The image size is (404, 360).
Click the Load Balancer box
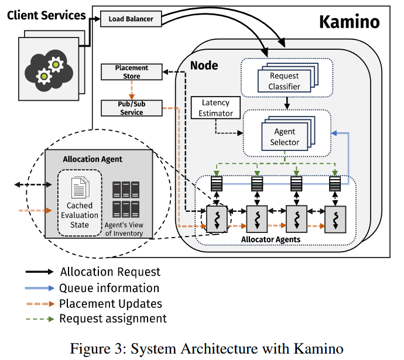(131, 19)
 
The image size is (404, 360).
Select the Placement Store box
(132, 71)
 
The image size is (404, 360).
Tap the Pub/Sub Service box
(132, 108)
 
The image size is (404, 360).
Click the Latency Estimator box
(217, 108)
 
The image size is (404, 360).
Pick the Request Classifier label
(285, 81)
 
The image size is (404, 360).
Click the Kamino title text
(349, 22)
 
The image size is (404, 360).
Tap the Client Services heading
(46, 15)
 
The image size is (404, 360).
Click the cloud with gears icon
(49, 70)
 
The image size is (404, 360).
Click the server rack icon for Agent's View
(125, 199)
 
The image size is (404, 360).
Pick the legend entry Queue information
(109, 287)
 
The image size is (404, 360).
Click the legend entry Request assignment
(113, 318)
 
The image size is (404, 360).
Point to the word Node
(204, 65)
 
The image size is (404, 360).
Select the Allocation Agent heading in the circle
(93, 159)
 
